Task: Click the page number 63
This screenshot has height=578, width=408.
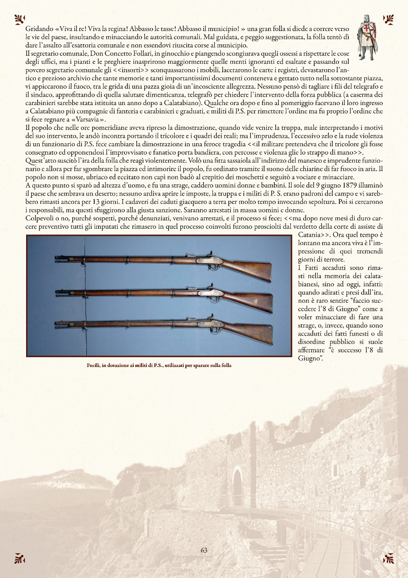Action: (204, 550)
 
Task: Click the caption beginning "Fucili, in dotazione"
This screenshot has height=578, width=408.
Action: (159, 366)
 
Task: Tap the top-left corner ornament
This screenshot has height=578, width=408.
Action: (19, 19)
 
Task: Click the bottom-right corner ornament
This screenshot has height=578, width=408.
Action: (388, 558)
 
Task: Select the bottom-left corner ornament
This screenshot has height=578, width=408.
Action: (19, 558)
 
